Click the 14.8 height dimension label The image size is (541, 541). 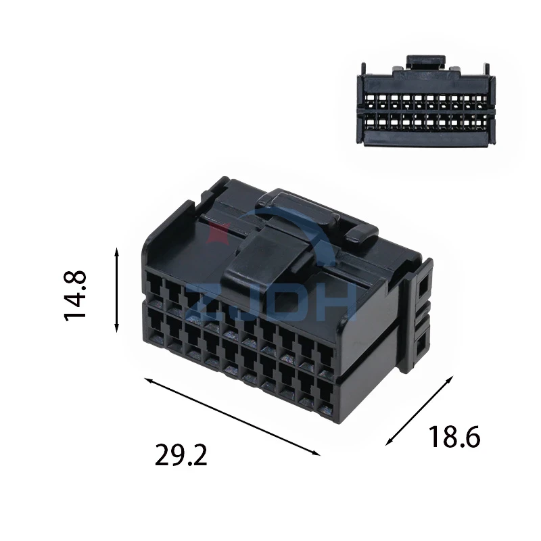click(x=75, y=296)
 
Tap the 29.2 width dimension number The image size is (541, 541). click(x=181, y=455)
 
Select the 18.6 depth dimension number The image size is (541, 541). click(x=454, y=436)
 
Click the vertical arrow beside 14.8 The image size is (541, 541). click(x=116, y=290)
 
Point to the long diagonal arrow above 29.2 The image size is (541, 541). click(x=232, y=417)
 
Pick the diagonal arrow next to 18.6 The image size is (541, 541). click(x=419, y=410)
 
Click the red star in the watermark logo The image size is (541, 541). click(x=217, y=232)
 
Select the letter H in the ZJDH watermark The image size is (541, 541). click(x=339, y=303)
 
